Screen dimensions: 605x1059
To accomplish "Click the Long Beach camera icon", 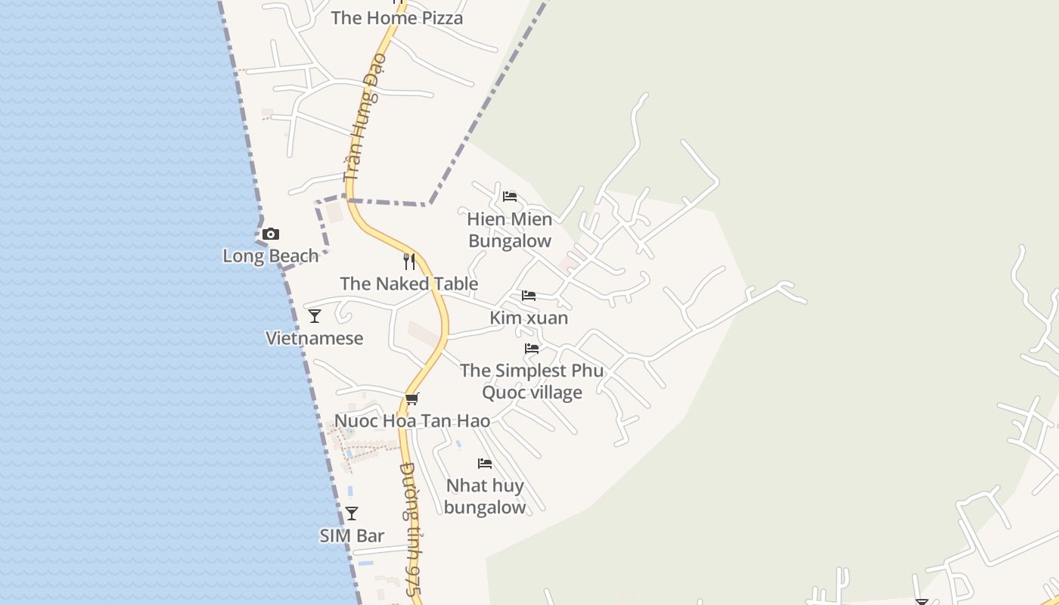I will click(x=270, y=234).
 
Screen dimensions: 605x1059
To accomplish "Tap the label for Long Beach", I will click(x=270, y=256).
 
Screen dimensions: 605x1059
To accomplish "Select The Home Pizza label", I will click(x=396, y=18).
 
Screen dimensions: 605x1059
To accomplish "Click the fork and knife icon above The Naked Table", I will click(x=409, y=262).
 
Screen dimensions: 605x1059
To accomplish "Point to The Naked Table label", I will click(x=408, y=284).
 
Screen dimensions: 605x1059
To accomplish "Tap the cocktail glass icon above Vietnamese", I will click(x=315, y=316).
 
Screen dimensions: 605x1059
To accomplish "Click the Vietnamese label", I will click(x=314, y=338).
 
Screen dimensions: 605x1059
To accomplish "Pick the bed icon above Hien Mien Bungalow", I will click(x=510, y=197).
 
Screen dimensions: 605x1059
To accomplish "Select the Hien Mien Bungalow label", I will click(x=510, y=230).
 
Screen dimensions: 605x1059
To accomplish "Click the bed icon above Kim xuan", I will click(x=528, y=296).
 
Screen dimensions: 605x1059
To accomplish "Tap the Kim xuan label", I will click(x=528, y=318).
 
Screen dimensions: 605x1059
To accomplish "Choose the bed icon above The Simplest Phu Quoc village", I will click(x=532, y=349).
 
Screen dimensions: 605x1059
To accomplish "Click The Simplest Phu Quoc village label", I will click(x=532, y=381).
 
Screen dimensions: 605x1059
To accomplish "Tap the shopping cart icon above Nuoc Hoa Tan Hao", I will click(x=411, y=399).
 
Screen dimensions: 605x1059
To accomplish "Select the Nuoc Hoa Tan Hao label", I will click(x=411, y=420).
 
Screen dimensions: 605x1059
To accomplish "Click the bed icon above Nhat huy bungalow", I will click(x=485, y=463).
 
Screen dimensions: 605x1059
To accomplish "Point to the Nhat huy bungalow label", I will click(x=485, y=496).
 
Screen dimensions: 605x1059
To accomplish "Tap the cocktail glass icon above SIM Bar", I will click(x=352, y=513).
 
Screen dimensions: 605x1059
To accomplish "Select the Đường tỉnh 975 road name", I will click(x=411, y=529).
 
